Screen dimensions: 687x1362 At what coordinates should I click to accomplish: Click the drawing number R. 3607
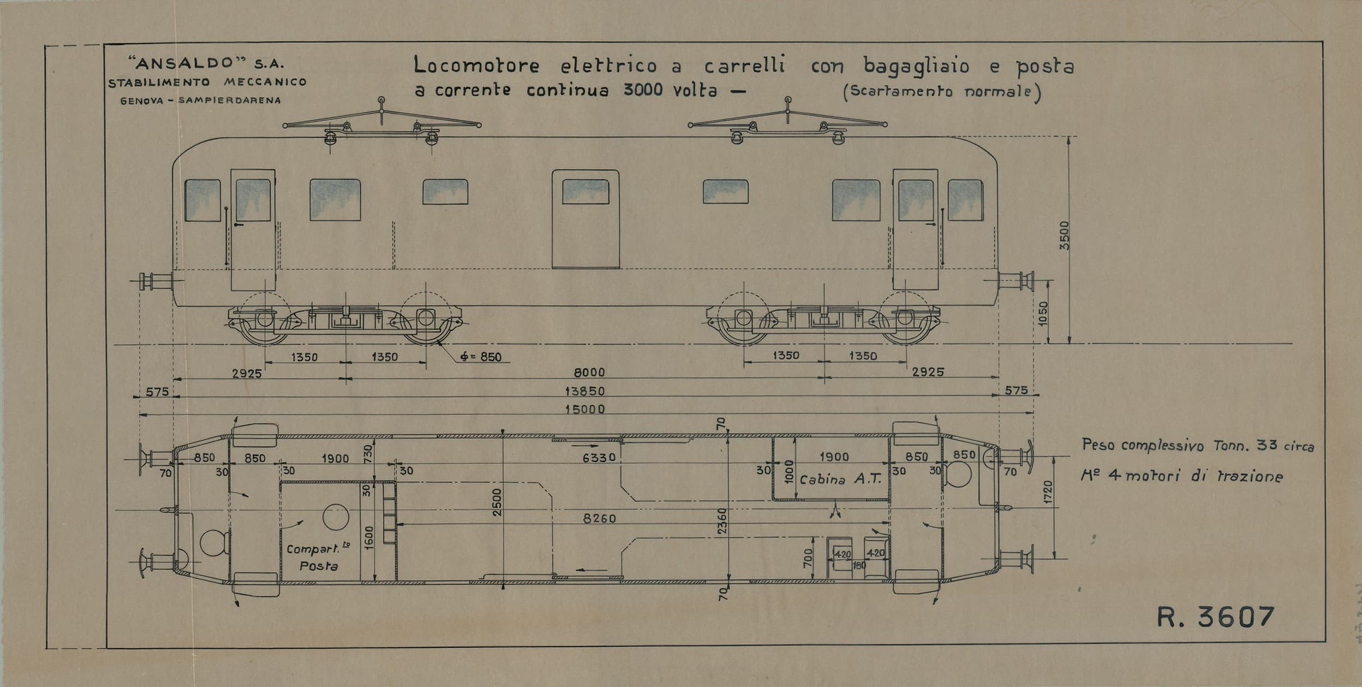1215,617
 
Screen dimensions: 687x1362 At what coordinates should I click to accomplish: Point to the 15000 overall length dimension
584,409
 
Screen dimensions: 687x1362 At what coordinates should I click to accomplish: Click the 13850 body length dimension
584,391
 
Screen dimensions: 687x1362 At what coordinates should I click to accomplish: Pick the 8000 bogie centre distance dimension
589,372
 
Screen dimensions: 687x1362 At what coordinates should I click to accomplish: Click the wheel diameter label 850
481,358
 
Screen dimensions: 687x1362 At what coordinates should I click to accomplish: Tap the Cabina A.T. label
840,479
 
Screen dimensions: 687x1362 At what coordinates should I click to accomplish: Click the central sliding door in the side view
586,219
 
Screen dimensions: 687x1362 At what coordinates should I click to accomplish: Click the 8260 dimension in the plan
599,518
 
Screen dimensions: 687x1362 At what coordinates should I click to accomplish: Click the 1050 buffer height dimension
1043,313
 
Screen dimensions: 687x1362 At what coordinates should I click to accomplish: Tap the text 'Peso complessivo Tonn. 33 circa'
1198,446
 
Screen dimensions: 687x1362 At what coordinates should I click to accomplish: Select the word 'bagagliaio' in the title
917,66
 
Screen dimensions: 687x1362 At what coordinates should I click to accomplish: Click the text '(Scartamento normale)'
942,92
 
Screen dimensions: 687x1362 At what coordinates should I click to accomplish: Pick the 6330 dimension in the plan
599,458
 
